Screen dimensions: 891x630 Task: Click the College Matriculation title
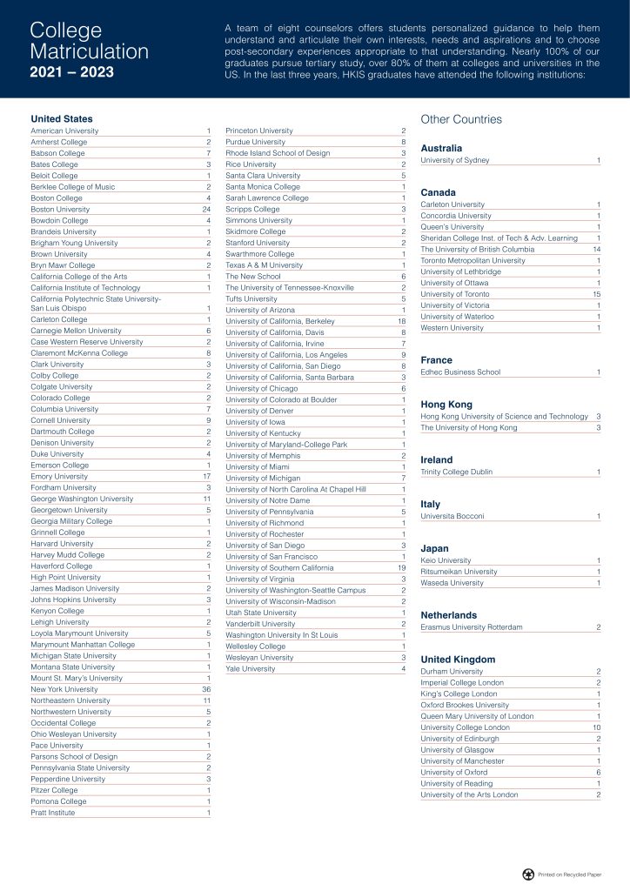[x=89, y=41]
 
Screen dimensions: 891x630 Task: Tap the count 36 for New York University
[x=206, y=689]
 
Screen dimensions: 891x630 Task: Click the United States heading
[x=62, y=118]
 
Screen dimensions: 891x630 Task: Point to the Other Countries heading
[x=461, y=118]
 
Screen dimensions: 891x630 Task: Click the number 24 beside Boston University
[x=206, y=209]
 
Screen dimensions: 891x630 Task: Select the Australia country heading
[x=441, y=148]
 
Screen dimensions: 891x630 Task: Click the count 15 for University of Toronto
[x=596, y=294]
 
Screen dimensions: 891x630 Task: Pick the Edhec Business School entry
[x=460, y=372]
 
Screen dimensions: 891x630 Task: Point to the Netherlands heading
[x=448, y=614]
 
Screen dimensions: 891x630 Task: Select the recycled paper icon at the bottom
[x=527, y=873]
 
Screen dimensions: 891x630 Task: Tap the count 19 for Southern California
[x=401, y=567]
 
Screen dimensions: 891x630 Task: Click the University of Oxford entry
[x=455, y=772]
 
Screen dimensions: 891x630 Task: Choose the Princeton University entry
[x=259, y=131]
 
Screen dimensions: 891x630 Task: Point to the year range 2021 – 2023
[x=70, y=71]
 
